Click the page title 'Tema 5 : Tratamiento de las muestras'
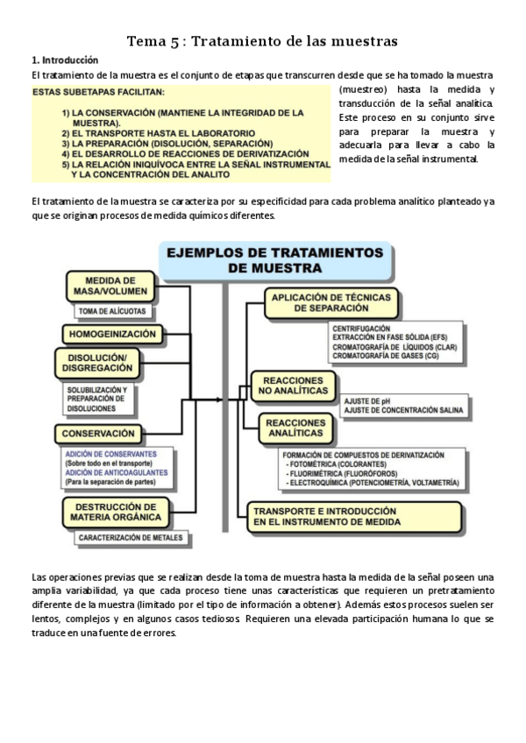pyautogui.click(x=262, y=41)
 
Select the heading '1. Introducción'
pyautogui.click(x=65, y=60)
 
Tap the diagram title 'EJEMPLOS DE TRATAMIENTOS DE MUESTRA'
pyautogui.click(x=274, y=260)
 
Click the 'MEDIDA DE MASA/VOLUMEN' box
pyautogui.click(x=110, y=286)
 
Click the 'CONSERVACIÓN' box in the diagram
pyautogui.click(x=98, y=433)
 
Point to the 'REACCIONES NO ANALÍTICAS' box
pyautogui.click(x=293, y=385)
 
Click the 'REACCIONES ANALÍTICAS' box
pyautogui.click(x=295, y=428)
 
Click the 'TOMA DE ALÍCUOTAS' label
pyautogui.click(x=112, y=311)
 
